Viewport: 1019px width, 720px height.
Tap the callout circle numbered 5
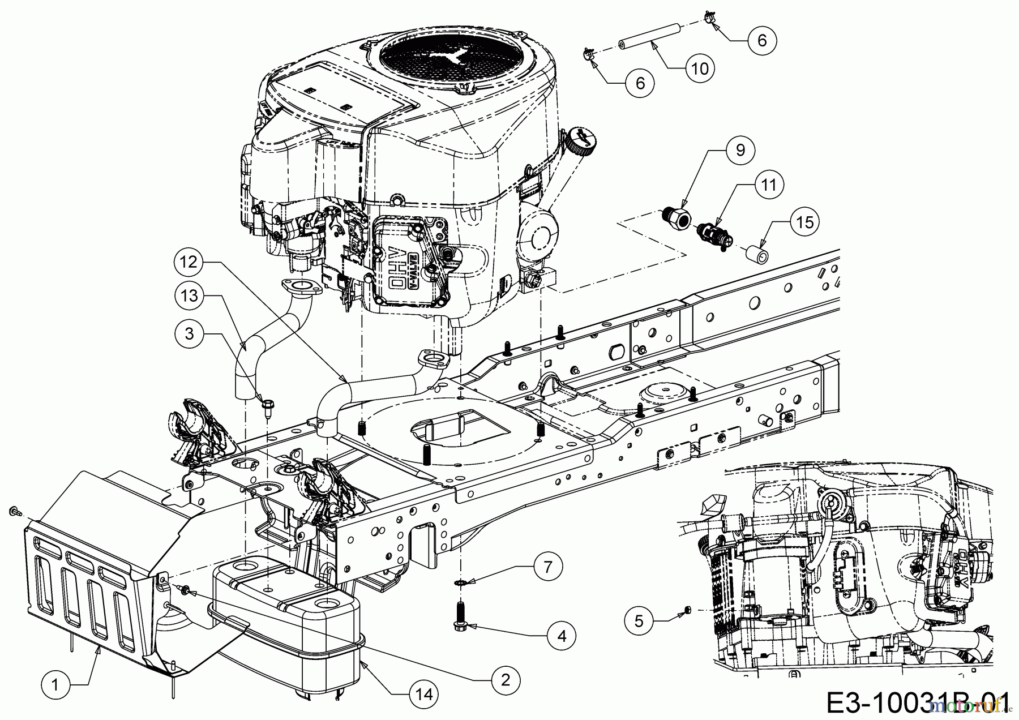point(639,621)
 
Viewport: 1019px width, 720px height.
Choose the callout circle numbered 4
point(561,636)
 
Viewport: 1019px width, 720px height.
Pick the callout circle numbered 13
point(189,296)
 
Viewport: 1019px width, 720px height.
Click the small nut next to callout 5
point(686,609)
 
